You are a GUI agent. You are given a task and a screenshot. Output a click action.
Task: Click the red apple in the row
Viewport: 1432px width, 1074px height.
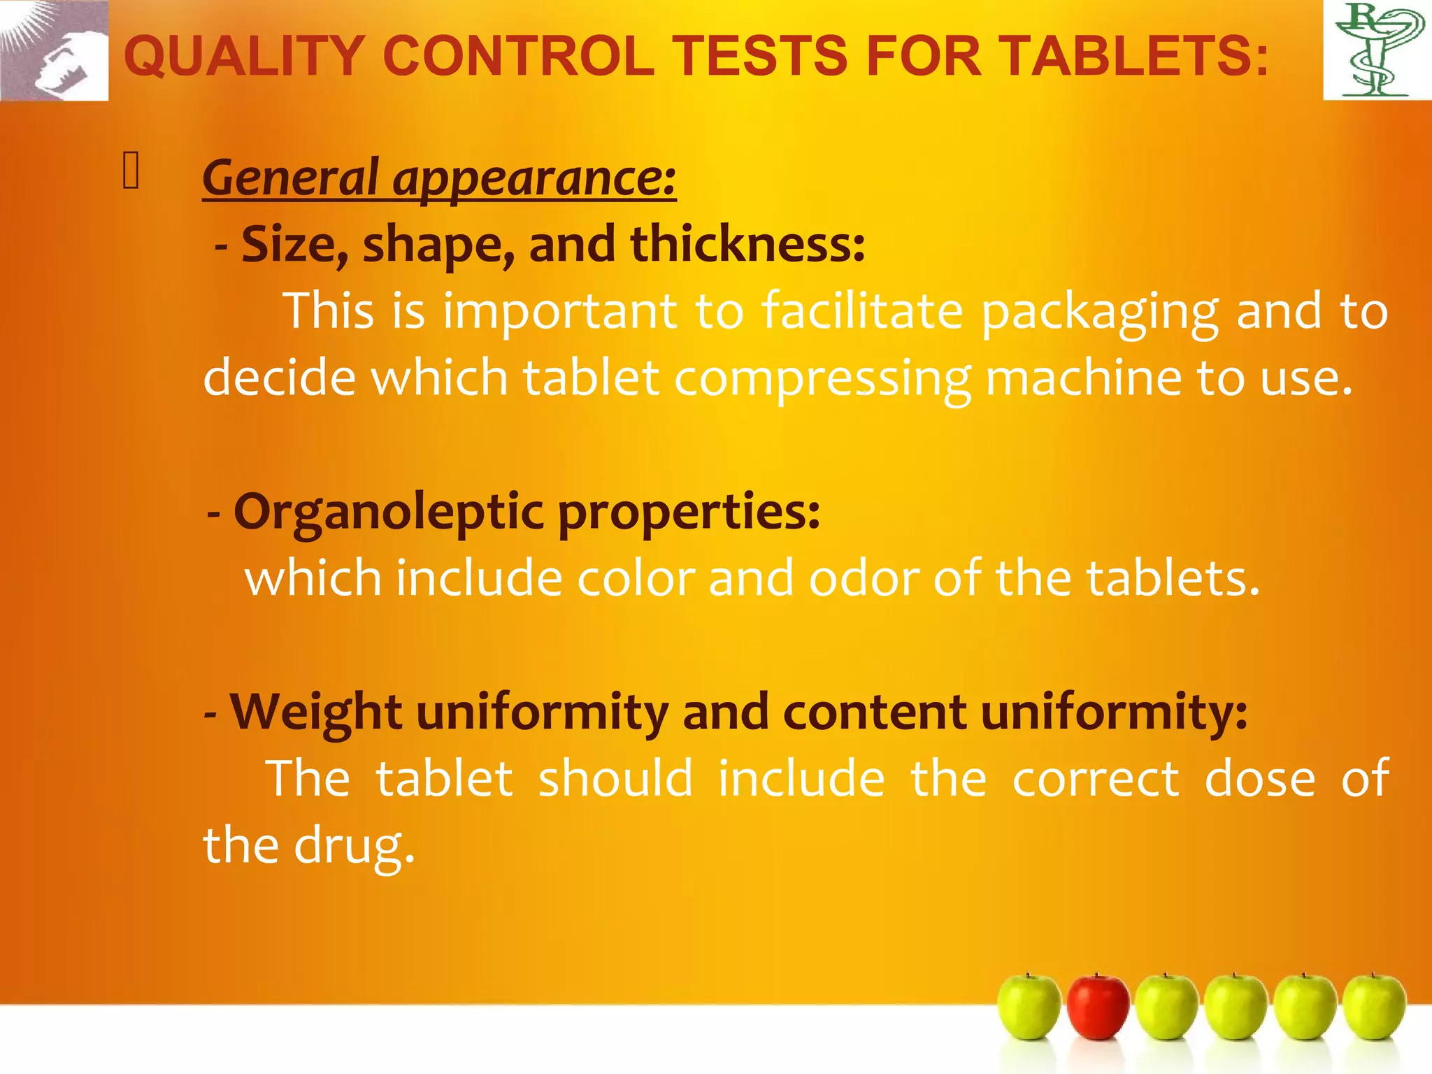1098,1007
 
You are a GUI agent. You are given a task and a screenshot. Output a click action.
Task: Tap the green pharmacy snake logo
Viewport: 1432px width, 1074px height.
1377,50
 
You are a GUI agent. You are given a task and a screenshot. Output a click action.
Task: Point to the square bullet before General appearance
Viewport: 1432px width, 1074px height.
131,171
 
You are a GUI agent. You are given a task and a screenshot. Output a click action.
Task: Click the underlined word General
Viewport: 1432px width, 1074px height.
290,178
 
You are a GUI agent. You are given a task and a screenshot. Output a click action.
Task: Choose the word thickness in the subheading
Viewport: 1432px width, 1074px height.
747,245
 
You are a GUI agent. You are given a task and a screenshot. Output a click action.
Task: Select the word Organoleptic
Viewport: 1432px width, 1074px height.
388,512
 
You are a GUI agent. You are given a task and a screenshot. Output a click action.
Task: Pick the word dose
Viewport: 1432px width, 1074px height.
1259,779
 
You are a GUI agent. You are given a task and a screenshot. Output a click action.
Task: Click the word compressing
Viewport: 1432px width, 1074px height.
822,378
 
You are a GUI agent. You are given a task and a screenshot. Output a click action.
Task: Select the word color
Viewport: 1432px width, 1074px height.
636,579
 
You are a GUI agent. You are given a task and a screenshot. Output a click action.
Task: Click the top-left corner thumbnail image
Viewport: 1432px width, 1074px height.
54,50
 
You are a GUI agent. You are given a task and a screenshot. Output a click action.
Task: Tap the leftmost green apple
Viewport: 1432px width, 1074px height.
1029,1007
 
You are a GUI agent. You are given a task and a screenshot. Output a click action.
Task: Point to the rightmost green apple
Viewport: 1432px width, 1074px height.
1374,1007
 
